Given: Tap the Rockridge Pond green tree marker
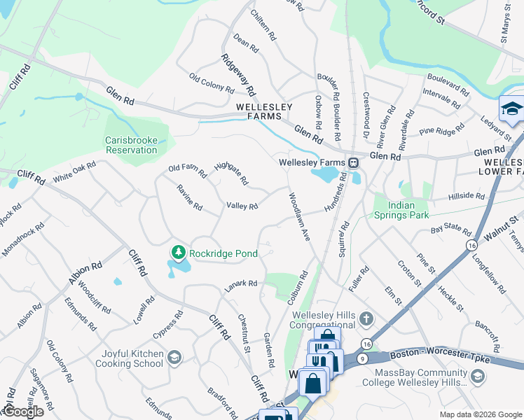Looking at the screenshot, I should pyautogui.click(x=179, y=253).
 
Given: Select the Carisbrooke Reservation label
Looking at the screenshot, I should pyautogui.click(x=131, y=145).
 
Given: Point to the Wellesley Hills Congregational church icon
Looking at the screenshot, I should pyautogui.click(x=365, y=320).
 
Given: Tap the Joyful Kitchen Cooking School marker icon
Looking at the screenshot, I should pyautogui.click(x=174, y=358).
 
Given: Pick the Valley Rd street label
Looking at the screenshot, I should pyautogui.click(x=242, y=206).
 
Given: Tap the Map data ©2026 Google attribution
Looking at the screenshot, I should pyautogui.click(x=480, y=414).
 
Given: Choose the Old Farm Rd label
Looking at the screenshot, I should pyautogui.click(x=187, y=170).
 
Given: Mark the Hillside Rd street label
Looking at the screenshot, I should pyautogui.click(x=469, y=197).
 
